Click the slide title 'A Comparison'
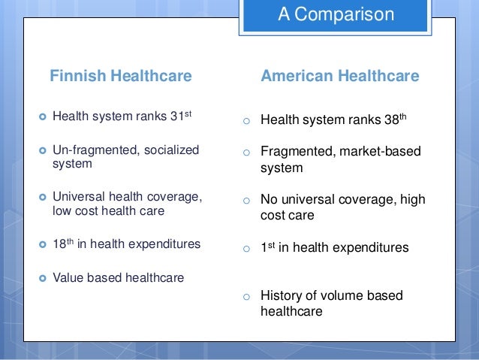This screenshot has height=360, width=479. click(335, 14)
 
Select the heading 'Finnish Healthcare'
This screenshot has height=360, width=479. click(120, 76)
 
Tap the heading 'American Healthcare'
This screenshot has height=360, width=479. click(339, 76)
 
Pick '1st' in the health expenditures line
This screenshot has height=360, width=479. click(267, 247)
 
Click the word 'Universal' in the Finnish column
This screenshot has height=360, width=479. click(79, 196)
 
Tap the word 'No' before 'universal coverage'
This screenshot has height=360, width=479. click(269, 200)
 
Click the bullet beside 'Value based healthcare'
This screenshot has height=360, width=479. click(41, 278)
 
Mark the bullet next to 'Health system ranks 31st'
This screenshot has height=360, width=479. click(41, 117)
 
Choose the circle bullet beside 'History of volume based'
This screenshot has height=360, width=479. click(244, 297)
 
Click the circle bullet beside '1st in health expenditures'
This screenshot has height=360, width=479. click(244, 249)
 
